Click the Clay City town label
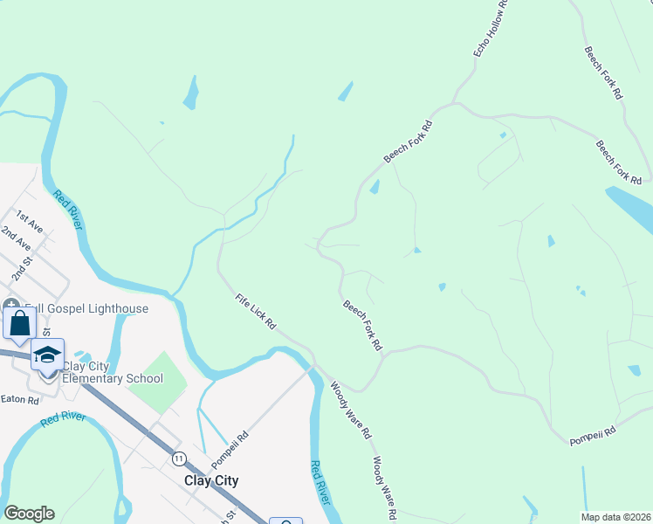pos(211,480)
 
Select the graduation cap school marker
pos(48,355)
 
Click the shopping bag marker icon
pos(19,323)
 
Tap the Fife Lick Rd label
pos(256,311)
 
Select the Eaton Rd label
pos(20,400)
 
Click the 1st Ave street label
pos(29,217)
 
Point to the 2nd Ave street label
pos(16,238)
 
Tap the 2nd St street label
pos(22,267)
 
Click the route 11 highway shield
pos(179,458)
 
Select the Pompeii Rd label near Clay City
pos(230,448)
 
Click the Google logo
pos(29,514)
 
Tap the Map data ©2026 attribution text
pos(616,517)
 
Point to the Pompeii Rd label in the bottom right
pos(592,431)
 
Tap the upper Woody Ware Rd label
pos(350,410)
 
